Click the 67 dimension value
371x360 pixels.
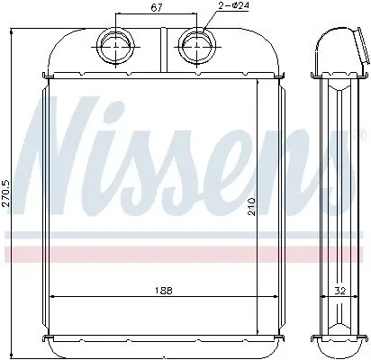coord(155,8)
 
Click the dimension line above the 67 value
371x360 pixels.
coord(155,16)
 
